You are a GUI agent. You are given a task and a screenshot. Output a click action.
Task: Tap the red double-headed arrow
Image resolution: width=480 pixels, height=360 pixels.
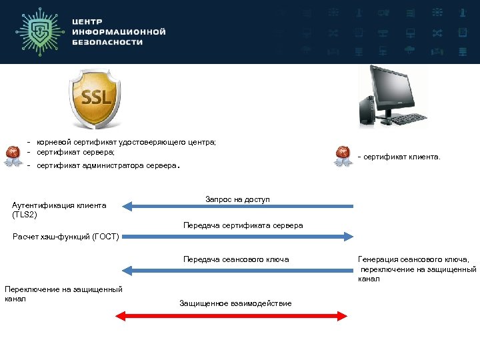coord(232,315)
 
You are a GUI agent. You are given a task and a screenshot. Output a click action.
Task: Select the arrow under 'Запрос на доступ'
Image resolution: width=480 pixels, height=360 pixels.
coord(238,207)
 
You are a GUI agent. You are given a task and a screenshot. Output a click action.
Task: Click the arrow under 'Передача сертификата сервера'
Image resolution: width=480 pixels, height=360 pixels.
coord(238,235)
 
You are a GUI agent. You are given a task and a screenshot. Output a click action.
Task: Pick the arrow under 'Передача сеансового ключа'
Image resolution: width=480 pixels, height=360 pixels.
coord(238,270)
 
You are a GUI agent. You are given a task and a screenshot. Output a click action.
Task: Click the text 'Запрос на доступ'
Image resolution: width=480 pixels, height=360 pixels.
coord(237,199)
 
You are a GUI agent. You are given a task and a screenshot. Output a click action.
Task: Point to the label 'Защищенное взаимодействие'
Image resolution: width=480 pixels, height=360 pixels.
coord(235,303)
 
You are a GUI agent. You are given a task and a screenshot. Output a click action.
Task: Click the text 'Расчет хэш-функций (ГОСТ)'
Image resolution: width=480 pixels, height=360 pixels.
coord(66,236)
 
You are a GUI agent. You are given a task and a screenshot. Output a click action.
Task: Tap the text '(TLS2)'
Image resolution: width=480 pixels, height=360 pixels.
coord(25,215)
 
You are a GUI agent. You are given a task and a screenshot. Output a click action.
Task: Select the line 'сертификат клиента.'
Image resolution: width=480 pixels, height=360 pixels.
coord(401,157)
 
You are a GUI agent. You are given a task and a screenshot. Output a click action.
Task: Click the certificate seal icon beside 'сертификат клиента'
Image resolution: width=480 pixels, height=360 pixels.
coord(343,156)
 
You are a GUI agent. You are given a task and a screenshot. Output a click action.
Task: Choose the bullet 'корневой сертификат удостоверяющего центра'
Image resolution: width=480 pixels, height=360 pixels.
coord(126,142)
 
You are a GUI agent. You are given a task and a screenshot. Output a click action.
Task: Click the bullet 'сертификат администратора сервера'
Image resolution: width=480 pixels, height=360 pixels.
coord(107,165)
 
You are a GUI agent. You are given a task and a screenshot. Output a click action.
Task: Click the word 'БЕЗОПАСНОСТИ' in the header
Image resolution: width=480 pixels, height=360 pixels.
coord(107,42)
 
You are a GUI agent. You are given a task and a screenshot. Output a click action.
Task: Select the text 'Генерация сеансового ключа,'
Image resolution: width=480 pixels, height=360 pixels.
coord(413,259)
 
